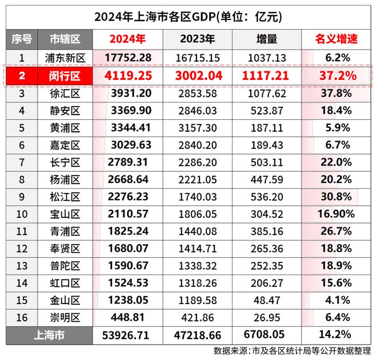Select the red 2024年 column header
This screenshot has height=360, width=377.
(x=127, y=40)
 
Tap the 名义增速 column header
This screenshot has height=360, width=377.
(x=336, y=40)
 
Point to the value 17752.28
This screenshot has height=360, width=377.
(x=129, y=58)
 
